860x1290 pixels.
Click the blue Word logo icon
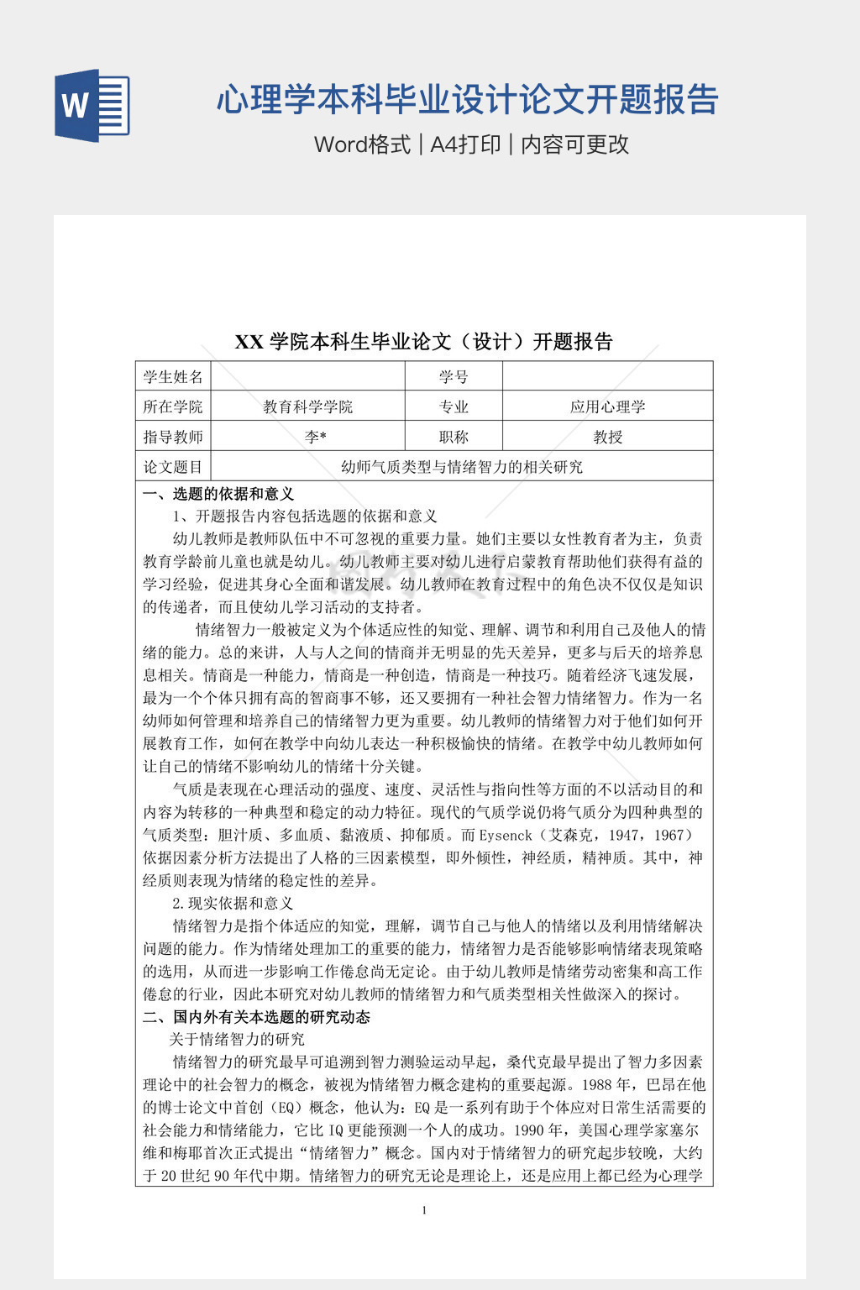tap(92, 105)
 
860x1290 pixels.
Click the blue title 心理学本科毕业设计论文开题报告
tap(467, 99)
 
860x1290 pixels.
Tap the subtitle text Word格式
tap(362, 144)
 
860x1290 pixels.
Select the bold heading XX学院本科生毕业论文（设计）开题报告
tap(424, 342)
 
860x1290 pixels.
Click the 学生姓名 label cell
tap(173, 377)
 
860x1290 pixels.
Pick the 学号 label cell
tap(454, 377)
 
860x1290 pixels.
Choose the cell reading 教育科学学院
tap(307, 407)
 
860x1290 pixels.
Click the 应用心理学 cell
tap(607, 407)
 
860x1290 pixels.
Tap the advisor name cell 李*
tap(316, 437)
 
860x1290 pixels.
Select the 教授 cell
tap(607, 437)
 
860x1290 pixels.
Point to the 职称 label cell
tap(454, 437)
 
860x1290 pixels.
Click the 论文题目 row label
tap(173, 467)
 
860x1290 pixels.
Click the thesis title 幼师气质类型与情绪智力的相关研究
tap(462, 467)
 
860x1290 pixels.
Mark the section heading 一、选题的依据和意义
tap(218, 494)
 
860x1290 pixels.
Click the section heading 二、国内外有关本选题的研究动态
tap(256, 1017)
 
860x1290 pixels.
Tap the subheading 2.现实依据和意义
tap(233, 903)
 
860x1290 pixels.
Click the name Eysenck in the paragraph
tap(506, 836)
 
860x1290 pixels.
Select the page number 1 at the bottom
tap(424, 1210)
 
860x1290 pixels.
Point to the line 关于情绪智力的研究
tap(237, 1040)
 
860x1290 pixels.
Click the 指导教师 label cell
tap(173, 437)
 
